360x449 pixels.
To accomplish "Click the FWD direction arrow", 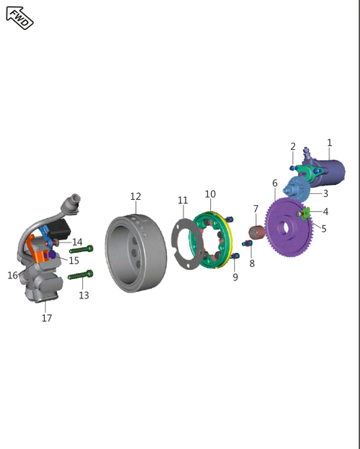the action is (19, 18).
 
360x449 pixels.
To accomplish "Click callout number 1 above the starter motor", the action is (329, 143).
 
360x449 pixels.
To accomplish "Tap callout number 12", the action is (135, 196).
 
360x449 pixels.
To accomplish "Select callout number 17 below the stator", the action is (46, 318).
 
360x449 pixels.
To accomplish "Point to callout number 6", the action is (275, 183).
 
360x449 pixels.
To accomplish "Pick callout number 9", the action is (235, 277).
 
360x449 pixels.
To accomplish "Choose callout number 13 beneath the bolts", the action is (84, 295).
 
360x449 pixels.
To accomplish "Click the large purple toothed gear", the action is (288, 227).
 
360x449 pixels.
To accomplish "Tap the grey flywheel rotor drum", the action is (135, 254).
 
